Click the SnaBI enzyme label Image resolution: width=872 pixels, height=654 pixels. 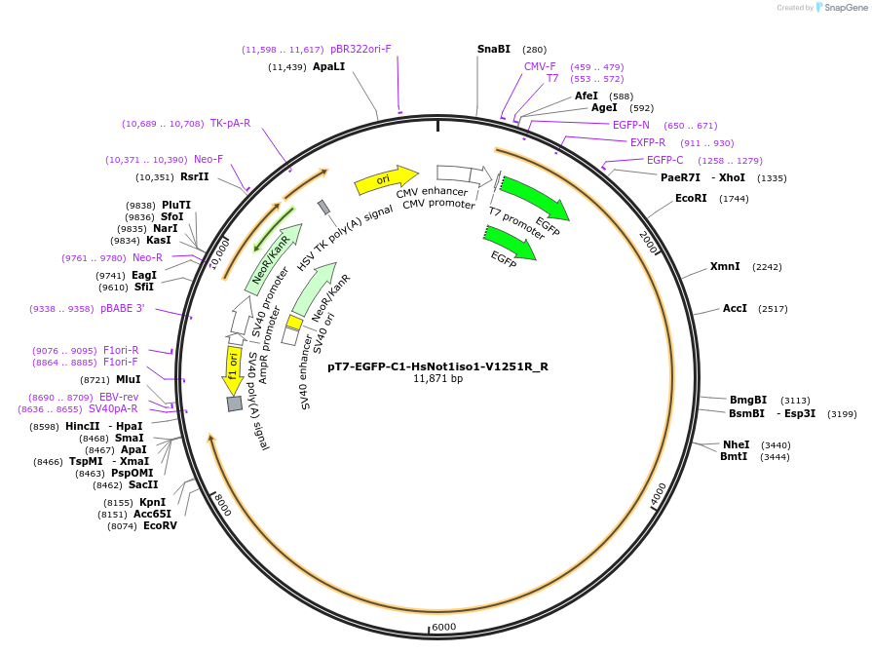tap(493, 49)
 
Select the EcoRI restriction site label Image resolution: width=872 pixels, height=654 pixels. tap(691, 198)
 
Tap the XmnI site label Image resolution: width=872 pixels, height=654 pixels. tap(725, 266)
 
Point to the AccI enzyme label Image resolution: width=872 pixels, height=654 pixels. tap(735, 308)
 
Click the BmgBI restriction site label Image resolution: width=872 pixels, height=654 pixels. tap(748, 400)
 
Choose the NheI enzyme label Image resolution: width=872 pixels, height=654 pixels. tap(736, 444)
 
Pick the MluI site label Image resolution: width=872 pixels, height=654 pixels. tap(128, 379)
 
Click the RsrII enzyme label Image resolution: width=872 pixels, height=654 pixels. tap(195, 177)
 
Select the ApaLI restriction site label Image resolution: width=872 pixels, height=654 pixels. tap(328, 67)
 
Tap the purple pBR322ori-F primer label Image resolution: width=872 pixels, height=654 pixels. tap(360, 49)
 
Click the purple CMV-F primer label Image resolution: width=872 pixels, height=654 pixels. tap(540, 66)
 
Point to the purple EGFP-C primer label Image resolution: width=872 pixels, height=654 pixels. tap(665, 160)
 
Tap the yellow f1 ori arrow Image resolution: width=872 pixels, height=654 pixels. tap(234, 366)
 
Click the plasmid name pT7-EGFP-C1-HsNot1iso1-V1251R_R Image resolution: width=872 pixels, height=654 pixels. tap(437, 366)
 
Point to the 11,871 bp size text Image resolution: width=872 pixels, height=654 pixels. tap(437, 379)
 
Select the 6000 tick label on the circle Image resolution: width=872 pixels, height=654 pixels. tap(443, 627)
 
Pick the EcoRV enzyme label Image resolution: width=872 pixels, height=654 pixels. tap(160, 526)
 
